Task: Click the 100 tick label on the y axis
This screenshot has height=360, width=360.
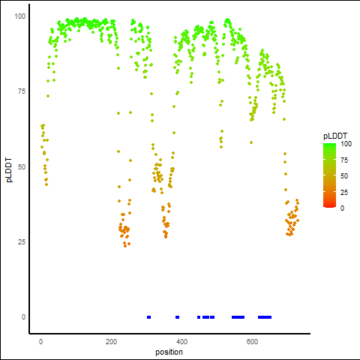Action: coord(20,16)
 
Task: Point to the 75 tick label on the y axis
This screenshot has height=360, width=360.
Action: coord(22,91)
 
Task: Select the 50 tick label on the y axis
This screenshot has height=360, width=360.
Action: coord(22,166)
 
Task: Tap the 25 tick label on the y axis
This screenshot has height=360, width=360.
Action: coord(22,241)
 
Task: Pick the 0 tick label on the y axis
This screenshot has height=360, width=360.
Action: coord(23,317)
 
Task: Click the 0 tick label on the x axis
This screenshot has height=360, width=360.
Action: coord(40,342)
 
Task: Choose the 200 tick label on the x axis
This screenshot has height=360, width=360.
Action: coord(111,342)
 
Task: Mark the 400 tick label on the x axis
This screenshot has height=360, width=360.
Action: coord(181,342)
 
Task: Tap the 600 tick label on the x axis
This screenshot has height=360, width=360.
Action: coord(252,342)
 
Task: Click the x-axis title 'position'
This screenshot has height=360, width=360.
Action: coord(169,352)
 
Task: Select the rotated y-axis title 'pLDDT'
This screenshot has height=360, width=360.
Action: coord(9,170)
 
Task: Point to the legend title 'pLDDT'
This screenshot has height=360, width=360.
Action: coord(335,136)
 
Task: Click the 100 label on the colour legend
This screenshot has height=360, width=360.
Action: coord(346,144)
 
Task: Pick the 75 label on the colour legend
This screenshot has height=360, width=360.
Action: coord(344,160)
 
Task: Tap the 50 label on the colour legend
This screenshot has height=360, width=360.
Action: coord(344,176)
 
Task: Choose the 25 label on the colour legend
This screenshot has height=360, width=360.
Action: coord(344,192)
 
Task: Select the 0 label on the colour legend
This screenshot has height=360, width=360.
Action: coord(343,208)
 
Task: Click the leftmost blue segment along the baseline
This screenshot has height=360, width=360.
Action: coord(149,317)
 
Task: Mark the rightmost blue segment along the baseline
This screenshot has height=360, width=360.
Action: coord(265,317)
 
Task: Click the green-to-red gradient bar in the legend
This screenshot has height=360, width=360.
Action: coord(329,175)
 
